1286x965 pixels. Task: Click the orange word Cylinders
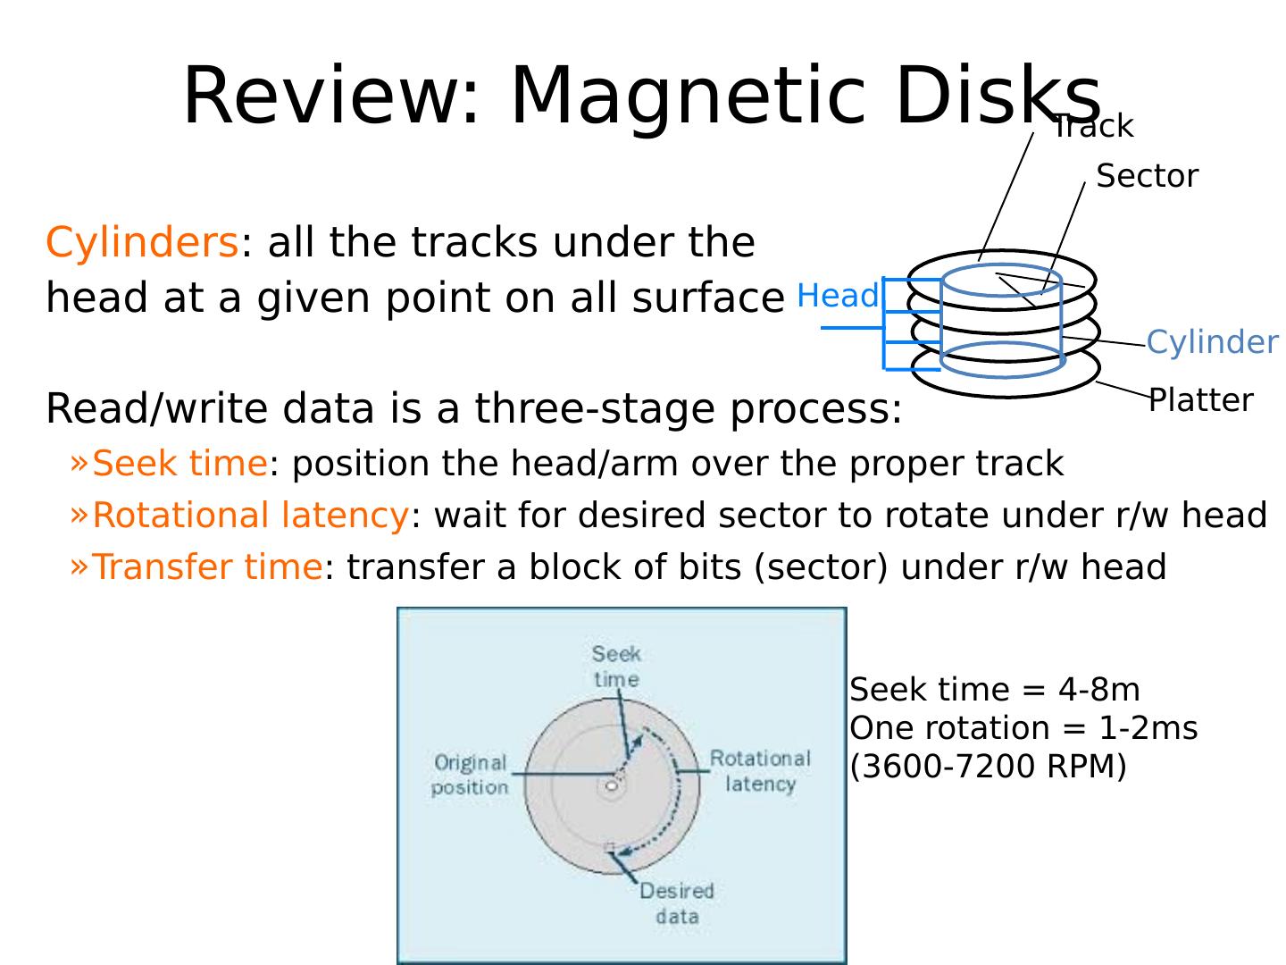(x=142, y=242)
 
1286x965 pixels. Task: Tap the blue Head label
(x=837, y=295)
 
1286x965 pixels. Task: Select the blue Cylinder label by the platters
(x=1212, y=341)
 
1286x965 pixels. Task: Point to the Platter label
(x=1200, y=399)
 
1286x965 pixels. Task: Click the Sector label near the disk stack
(x=1147, y=176)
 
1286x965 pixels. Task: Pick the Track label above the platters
(x=1093, y=127)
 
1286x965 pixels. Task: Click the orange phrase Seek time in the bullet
(x=180, y=463)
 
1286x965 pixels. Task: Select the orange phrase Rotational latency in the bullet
(x=250, y=515)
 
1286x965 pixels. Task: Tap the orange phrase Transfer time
(x=207, y=566)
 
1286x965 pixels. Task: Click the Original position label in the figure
(x=470, y=774)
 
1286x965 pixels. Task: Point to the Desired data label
(x=676, y=902)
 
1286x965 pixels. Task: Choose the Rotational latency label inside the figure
(x=760, y=770)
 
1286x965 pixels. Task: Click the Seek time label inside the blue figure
(x=616, y=666)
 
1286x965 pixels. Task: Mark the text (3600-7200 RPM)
(x=988, y=766)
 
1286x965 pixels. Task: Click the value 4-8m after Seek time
(x=1098, y=689)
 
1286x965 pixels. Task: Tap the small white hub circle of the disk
(x=612, y=786)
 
